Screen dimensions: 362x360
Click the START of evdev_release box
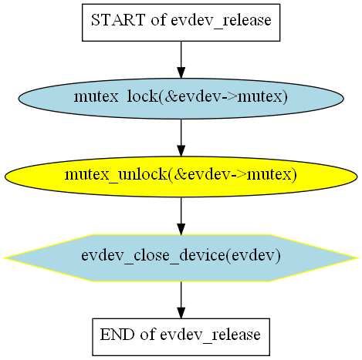coord(181,22)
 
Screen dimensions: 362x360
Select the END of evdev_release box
coord(181,337)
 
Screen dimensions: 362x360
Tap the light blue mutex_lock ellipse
coord(181,99)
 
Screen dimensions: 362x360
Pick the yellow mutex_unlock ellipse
coord(181,177)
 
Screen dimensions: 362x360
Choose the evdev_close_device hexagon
coord(181,257)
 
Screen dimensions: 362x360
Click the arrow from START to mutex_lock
coord(181,59)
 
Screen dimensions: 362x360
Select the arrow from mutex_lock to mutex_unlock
coord(181,138)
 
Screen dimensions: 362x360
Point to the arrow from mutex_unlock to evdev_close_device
coord(181,216)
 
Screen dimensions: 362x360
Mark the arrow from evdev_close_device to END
coord(181,300)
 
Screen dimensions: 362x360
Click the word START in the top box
coord(118,20)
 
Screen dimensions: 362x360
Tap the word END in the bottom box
coord(117,335)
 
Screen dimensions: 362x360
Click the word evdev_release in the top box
coord(221,21)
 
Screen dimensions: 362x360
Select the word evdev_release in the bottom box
coord(210,335)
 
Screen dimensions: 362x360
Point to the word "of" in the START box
coord(158,20)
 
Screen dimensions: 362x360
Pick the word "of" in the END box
coord(147,335)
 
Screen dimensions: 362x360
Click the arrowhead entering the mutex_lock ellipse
coord(181,72)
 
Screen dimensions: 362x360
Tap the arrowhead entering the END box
coord(181,313)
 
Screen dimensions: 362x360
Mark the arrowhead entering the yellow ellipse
coord(181,151)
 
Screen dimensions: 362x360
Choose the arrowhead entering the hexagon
coord(181,229)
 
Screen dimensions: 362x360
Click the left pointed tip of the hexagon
coord(4,257)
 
